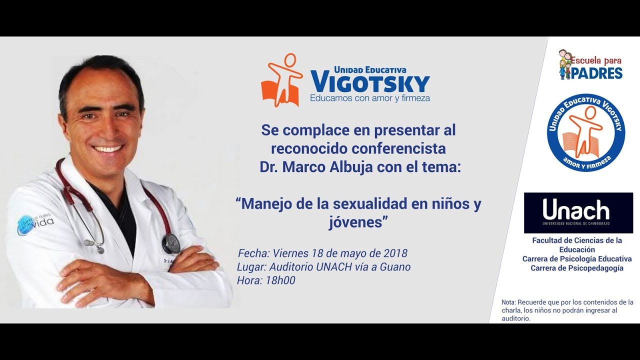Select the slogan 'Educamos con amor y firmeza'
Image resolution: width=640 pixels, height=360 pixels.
(x=369, y=98)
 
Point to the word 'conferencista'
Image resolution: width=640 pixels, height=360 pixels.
(x=398, y=148)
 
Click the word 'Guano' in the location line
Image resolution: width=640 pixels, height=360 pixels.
(x=395, y=267)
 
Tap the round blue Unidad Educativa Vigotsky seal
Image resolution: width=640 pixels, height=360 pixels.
(x=585, y=132)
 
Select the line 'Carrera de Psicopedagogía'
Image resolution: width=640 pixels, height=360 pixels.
(x=577, y=268)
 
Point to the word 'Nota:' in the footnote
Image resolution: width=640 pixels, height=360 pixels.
(x=509, y=302)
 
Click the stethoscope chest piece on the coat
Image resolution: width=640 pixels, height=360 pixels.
(x=170, y=243)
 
